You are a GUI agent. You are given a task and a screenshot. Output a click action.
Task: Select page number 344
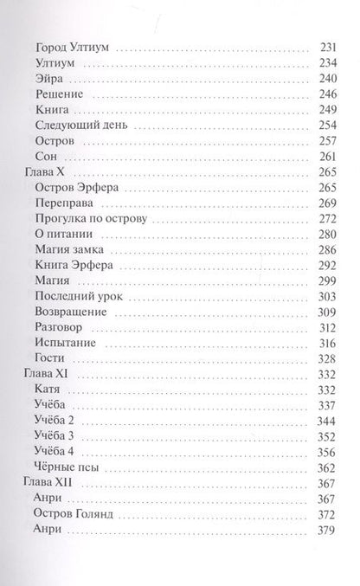tap(326, 420)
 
